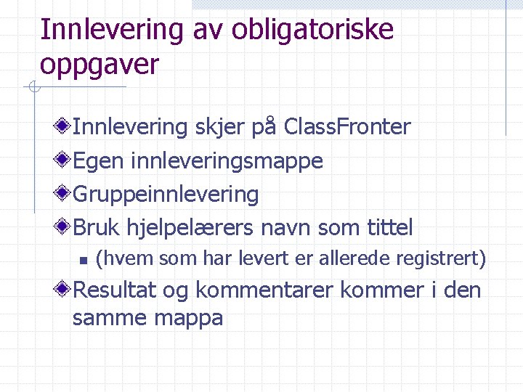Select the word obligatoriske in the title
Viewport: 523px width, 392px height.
tap(313, 30)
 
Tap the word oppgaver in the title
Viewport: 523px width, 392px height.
tap(100, 65)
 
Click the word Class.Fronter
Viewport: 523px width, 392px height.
tap(347, 127)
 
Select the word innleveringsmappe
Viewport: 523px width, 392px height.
tap(227, 161)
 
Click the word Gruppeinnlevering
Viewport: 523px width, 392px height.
tap(166, 195)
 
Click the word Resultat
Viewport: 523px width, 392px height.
tap(115, 290)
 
